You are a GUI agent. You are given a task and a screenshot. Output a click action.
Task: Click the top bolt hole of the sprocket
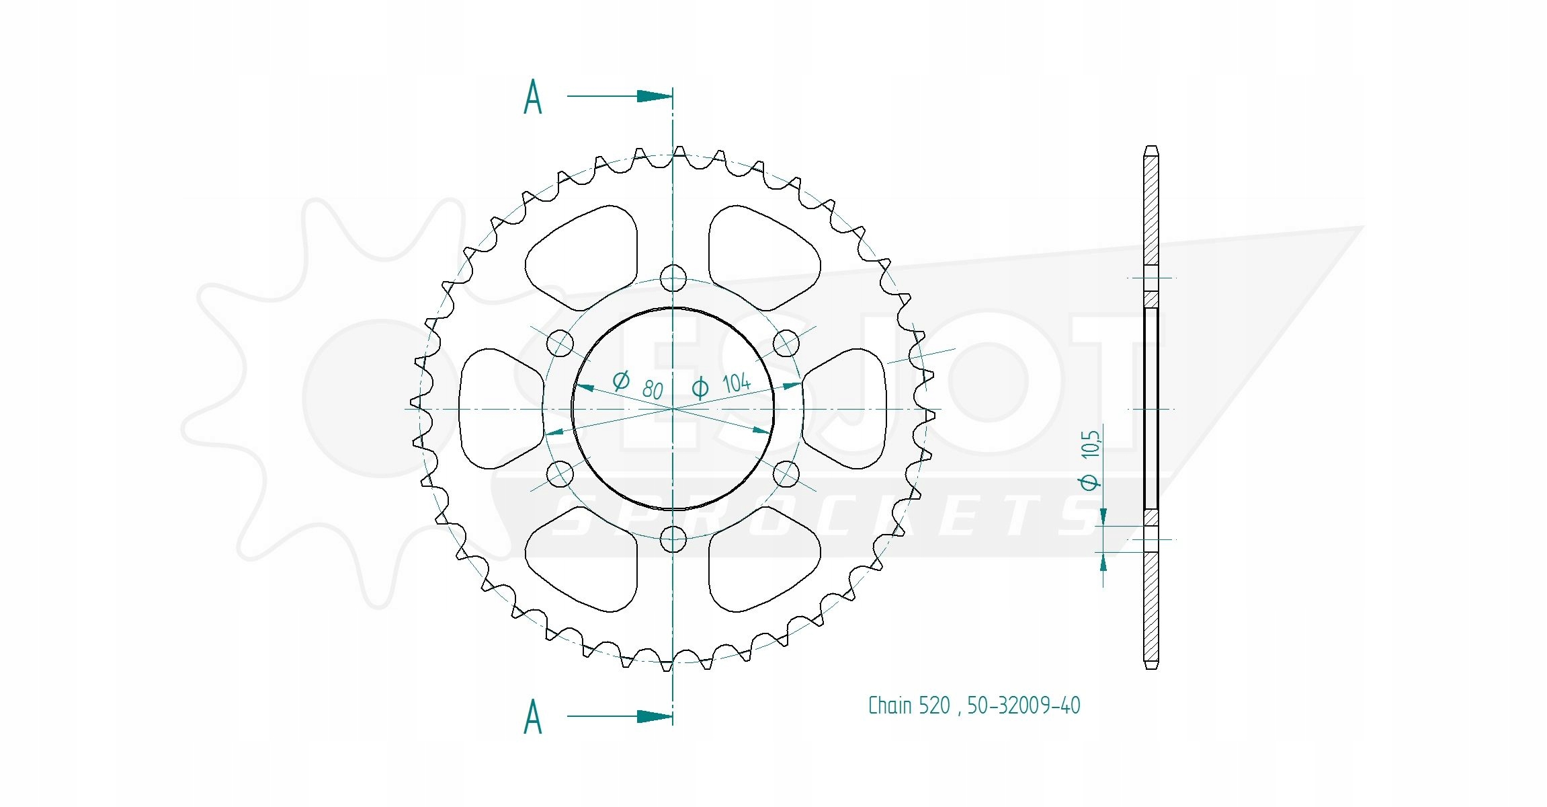coord(673,278)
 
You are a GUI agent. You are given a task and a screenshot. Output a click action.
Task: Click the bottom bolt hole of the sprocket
coord(673,539)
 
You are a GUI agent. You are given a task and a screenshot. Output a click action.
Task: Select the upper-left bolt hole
coord(560,343)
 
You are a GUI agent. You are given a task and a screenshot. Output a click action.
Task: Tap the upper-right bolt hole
coord(786,343)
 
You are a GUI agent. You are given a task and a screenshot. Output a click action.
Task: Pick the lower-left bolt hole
coord(560,474)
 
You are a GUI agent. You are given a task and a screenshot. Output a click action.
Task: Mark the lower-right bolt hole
coord(786,474)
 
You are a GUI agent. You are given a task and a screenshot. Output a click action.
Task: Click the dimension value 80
coord(653,390)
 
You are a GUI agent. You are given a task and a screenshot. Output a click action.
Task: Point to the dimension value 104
coord(737,383)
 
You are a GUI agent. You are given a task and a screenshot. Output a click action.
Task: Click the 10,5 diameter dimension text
coord(1090,445)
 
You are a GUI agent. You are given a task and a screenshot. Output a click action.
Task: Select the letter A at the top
coord(533,97)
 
